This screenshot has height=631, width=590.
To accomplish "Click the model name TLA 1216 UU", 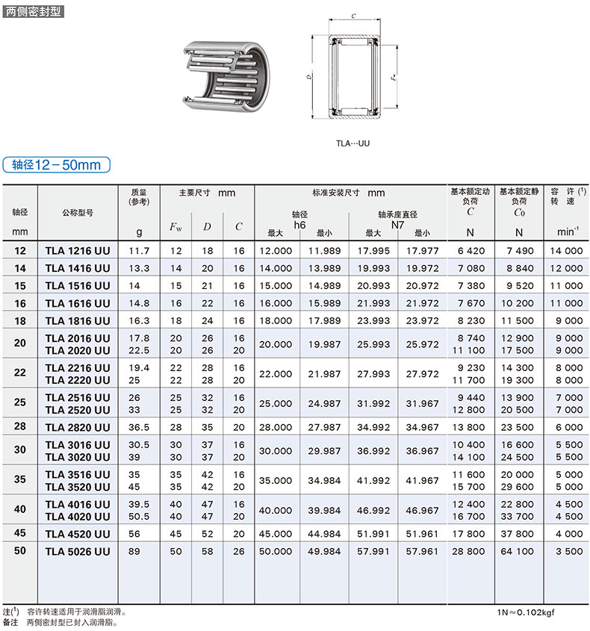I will click(78, 251).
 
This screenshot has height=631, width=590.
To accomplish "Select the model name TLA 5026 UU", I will click(78, 551).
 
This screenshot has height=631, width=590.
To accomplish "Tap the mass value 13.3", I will click(140, 268).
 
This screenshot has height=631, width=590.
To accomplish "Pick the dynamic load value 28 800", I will click(469, 551).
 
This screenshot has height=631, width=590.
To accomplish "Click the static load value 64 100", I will click(518, 551).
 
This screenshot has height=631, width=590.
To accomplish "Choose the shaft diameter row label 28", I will click(20, 426).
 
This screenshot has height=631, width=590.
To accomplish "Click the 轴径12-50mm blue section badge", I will click(56, 165).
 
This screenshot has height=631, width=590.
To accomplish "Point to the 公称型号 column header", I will click(78, 213).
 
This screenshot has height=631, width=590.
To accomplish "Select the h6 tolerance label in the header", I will click(300, 224).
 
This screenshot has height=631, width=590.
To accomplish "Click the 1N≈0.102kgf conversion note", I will click(526, 612).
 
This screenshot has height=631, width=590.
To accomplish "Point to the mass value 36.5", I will click(140, 426).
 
